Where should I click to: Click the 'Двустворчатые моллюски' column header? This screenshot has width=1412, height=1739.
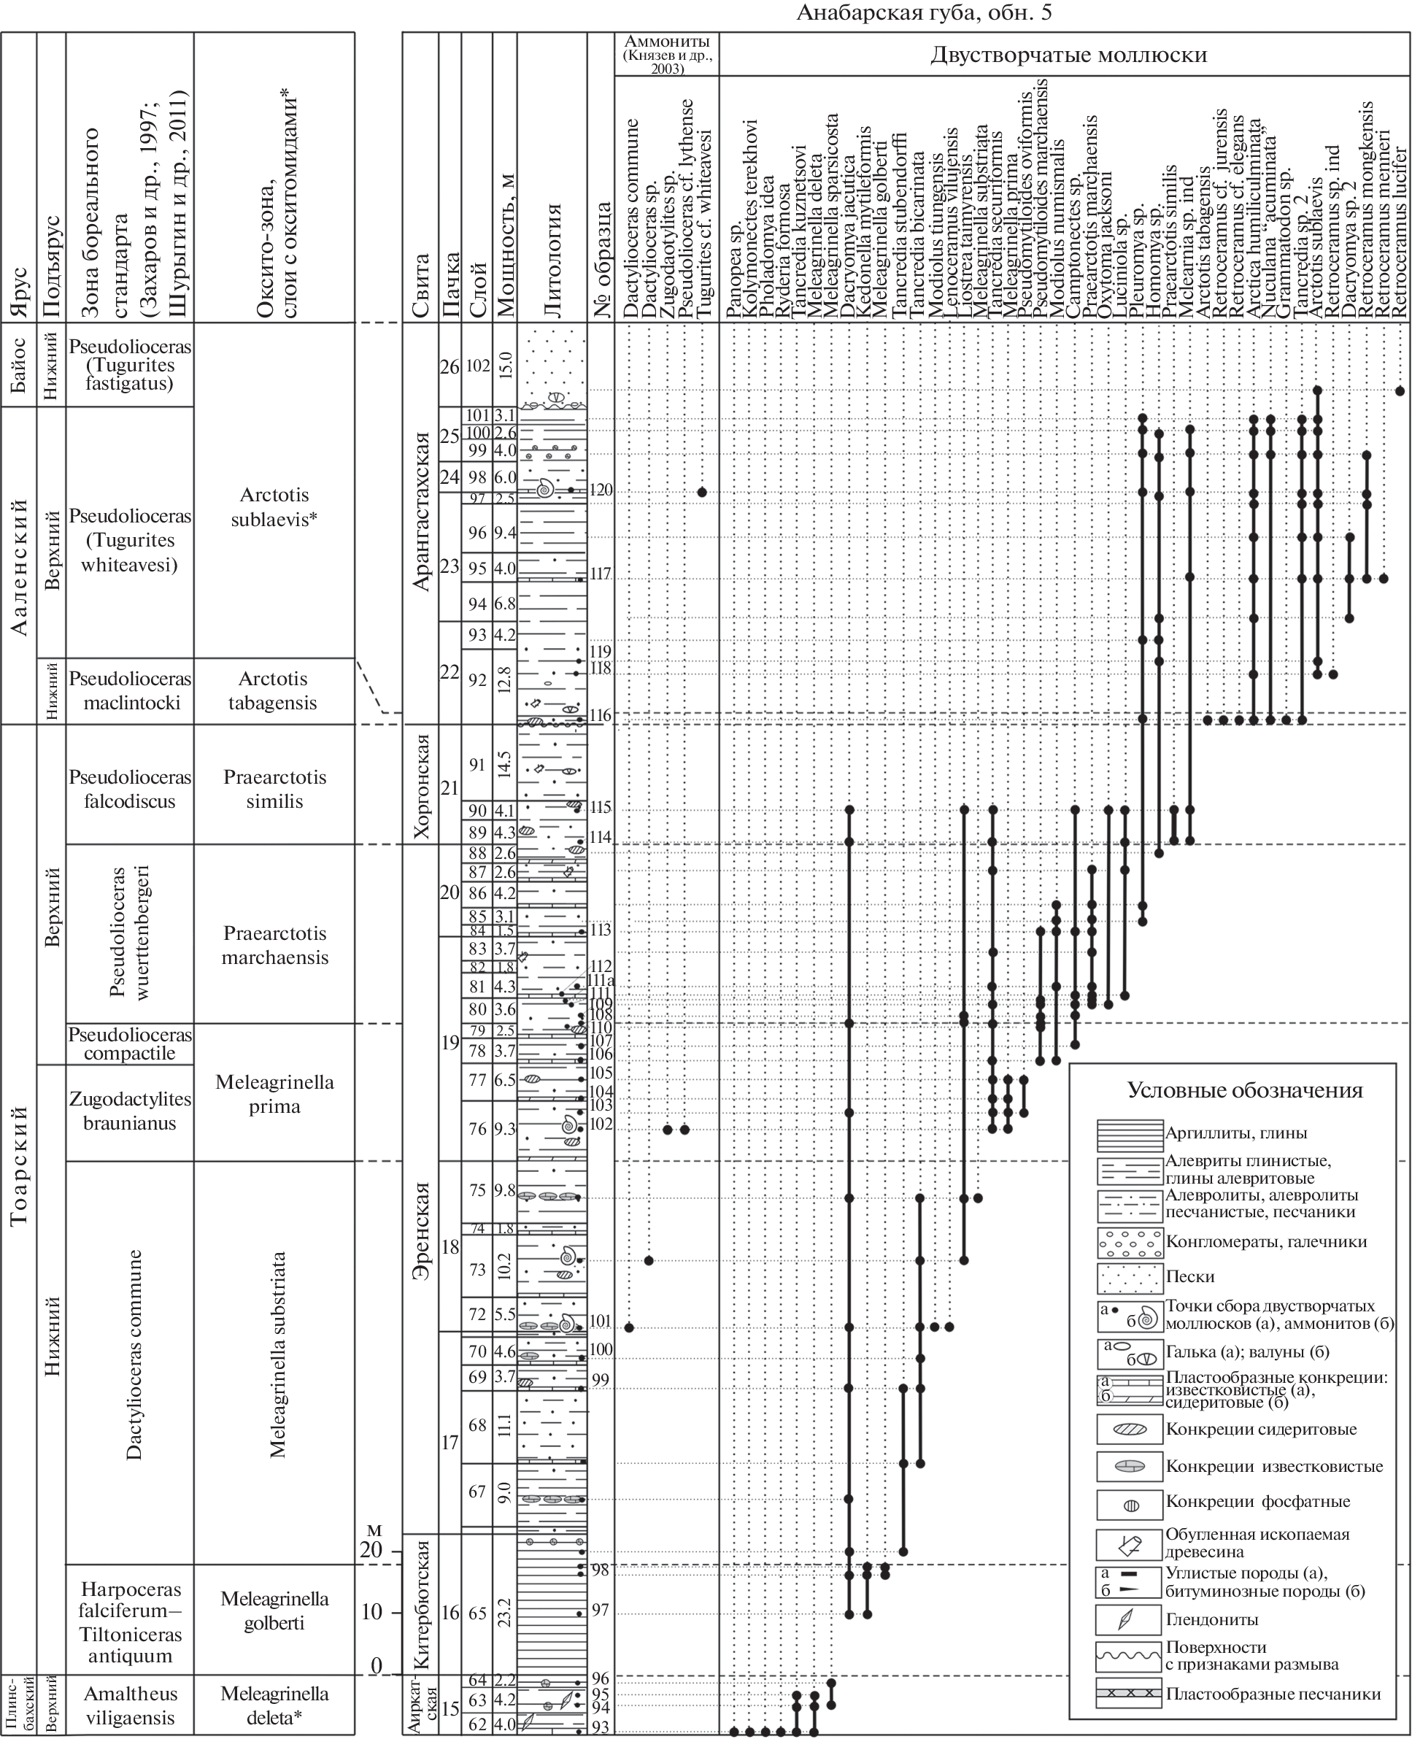coord(1068,55)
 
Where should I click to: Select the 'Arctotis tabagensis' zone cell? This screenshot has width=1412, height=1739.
coord(272,690)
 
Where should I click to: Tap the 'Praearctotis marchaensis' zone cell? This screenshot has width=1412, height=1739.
coord(275,944)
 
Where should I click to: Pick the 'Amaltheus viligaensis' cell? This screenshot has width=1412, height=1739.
coord(130,1705)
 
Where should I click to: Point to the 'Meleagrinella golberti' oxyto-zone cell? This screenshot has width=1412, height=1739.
coord(274,1611)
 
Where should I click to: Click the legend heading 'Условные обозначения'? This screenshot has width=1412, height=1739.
coord(1244,1091)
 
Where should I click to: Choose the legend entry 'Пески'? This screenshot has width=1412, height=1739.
coord(1190,1276)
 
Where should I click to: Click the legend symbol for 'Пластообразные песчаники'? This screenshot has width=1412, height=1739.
coord(1128,1694)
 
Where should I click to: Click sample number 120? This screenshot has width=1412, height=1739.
coord(601,490)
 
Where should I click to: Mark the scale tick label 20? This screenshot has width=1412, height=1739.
coord(371,1549)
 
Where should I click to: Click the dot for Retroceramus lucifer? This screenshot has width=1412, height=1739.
coord(1399,390)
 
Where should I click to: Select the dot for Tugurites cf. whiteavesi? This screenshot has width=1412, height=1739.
coord(701,492)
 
